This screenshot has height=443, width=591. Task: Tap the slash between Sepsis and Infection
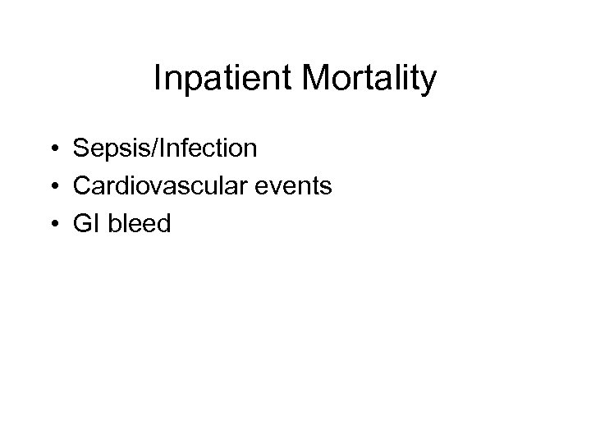pyautogui.click(x=145, y=148)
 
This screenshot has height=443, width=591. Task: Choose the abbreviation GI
pyautogui.click(x=86, y=223)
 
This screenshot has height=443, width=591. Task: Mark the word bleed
pyautogui.click(x=139, y=223)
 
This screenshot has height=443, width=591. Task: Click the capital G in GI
pyautogui.click(x=82, y=223)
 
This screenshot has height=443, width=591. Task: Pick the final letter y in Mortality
pyautogui.click(x=429, y=84)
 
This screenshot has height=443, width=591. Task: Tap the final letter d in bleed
pyautogui.click(x=164, y=223)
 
